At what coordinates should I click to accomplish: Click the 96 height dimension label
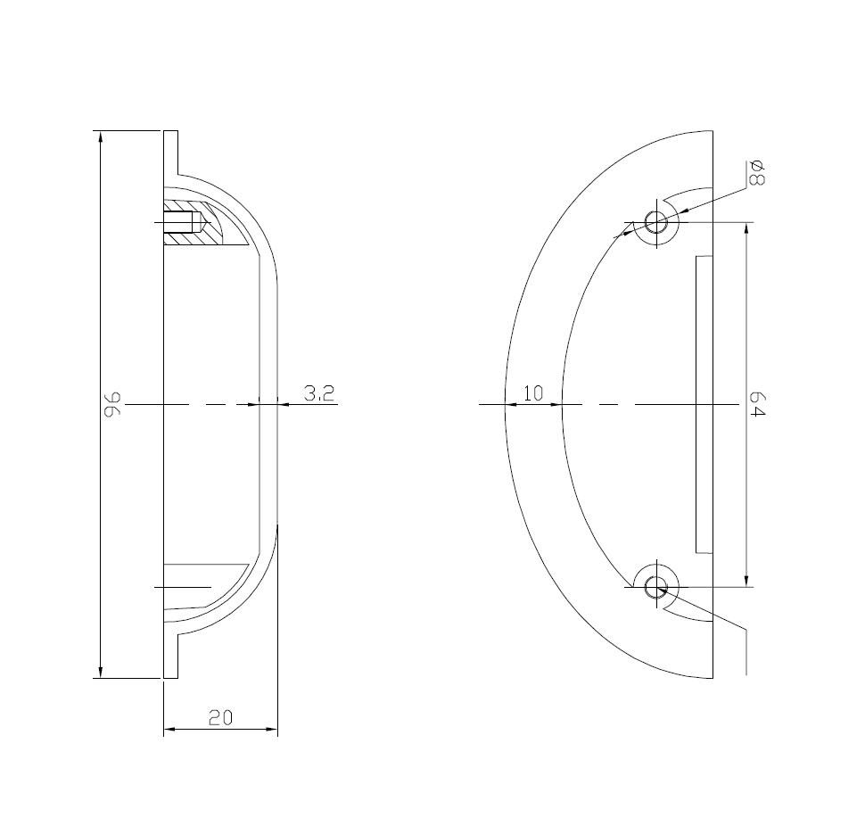(x=113, y=404)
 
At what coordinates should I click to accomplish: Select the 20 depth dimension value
(x=220, y=717)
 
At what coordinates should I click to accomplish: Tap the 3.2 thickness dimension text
(x=319, y=392)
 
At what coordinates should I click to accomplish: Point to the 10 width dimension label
(x=533, y=393)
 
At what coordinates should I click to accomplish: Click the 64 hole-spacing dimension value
(x=758, y=404)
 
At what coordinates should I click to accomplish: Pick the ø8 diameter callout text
(x=756, y=173)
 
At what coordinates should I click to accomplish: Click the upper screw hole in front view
(x=656, y=223)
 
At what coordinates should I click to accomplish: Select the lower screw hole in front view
(x=656, y=587)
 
